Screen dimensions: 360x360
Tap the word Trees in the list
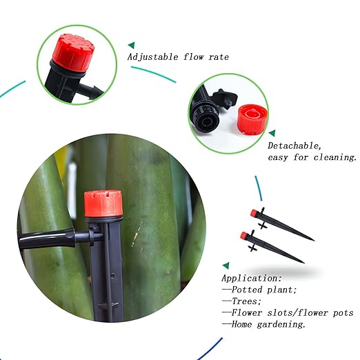tap(243, 301)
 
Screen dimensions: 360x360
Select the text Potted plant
tap(263, 289)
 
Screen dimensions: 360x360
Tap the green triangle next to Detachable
tap(272, 132)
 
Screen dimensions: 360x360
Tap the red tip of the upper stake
tap(253, 210)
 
